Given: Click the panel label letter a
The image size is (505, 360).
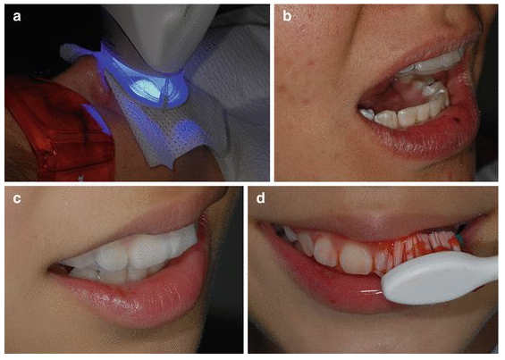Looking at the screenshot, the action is pos(17,16).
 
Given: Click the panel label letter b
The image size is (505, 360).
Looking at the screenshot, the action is pos(287,15).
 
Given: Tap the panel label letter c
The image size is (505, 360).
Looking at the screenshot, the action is pos(17,198).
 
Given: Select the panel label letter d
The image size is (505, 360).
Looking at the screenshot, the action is pos(261,197).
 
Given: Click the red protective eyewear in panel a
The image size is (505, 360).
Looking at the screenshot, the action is pos(58,129).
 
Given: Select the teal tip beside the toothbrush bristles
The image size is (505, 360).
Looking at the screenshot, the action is pos(459,239).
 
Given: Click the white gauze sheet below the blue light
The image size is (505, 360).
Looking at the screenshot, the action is pos(164,129).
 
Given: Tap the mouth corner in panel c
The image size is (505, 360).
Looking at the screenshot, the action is pos(52,270).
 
